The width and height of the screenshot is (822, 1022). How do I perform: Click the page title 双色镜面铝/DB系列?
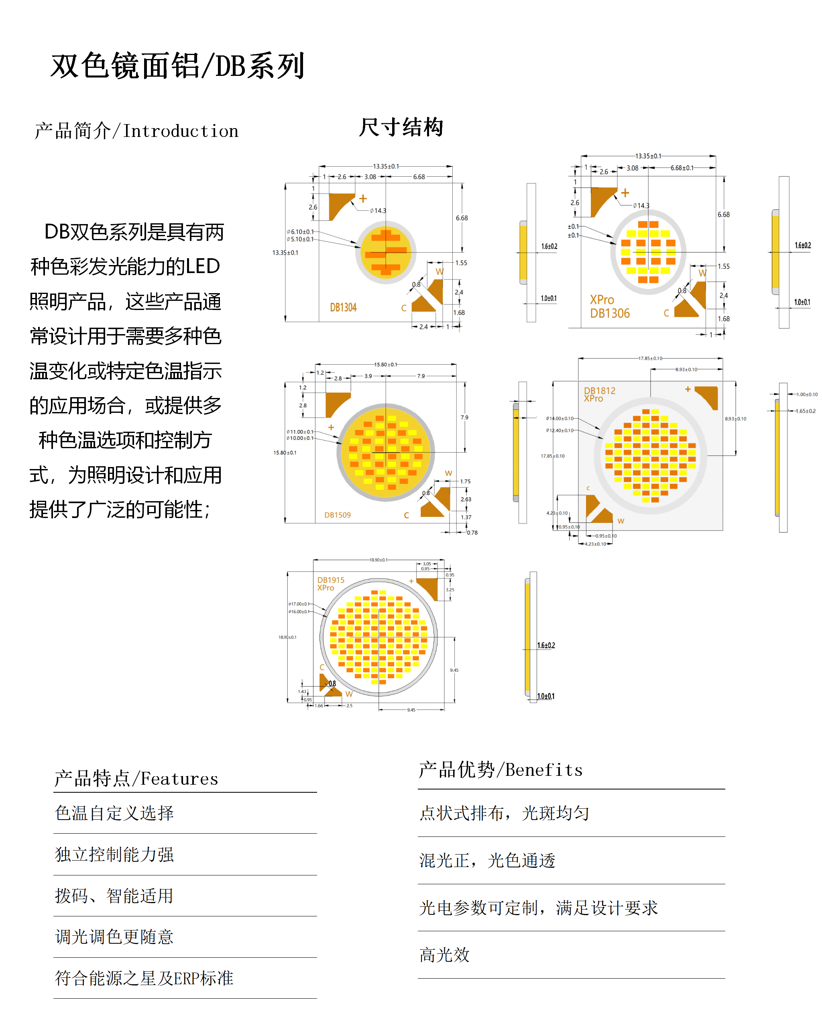click(178, 66)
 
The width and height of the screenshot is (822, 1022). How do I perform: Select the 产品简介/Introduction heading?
click(136, 131)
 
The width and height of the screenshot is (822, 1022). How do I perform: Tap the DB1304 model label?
click(343, 308)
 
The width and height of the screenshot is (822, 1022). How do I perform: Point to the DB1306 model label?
click(610, 313)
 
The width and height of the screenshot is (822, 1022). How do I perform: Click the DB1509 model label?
click(337, 515)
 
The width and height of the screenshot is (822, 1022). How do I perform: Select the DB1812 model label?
click(599, 391)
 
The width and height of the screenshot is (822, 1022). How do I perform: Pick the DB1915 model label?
click(331, 580)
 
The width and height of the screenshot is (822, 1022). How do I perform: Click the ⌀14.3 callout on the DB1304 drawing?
click(378, 211)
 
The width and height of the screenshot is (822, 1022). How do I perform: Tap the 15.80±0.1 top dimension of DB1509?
click(386, 365)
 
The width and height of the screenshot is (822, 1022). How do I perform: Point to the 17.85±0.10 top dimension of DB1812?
click(650, 358)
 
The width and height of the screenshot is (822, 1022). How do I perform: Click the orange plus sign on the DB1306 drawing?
click(625, 193)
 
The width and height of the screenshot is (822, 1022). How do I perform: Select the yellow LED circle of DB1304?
click(386, 252)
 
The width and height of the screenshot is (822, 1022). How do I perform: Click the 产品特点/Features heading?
click(136, 779)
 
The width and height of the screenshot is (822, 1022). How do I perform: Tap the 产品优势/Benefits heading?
click(501, 770)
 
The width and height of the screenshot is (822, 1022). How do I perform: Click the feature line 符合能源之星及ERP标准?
click(144, 978)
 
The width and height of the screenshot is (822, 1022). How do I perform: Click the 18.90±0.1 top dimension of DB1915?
click(378, 560)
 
